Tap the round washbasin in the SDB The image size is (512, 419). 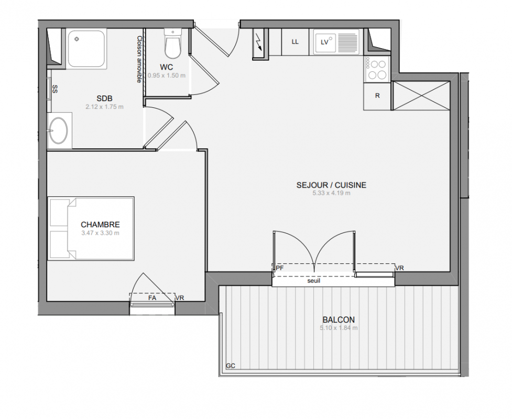(x=59, y=130)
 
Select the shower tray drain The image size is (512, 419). (x=77, y=39)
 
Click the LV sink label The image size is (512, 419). (x=324, y=42)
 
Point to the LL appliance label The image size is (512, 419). (x=295, y=42)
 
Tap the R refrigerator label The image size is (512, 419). (x=377, y=96)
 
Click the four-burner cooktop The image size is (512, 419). (x=377, y=69)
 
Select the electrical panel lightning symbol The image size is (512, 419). (x=259, y=42)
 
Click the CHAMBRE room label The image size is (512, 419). (x=100, y=225)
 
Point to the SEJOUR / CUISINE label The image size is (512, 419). (x=331, y=185)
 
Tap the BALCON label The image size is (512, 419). (x=339, y=320)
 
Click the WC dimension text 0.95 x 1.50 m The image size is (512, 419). (x=167, y=75)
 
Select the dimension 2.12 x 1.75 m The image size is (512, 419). (x=104, y=107)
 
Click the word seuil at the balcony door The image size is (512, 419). (x=314, y=281)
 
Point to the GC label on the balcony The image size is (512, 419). (x=231, y=366)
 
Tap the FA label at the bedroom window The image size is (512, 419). (x=152, y=298)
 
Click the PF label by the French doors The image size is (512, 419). (x=280, y=268)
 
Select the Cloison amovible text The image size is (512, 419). (x=139, y=59)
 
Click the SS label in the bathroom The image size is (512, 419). (x=55, y=89)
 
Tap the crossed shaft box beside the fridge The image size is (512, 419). (x=421, y=96)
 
